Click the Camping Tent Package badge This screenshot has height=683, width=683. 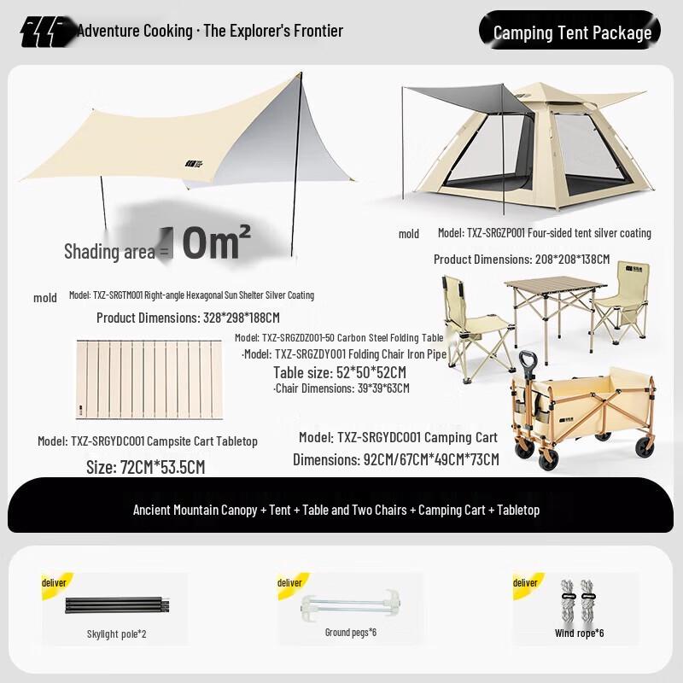(x=572, y=32)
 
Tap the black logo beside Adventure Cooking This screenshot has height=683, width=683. (x=48, y=32)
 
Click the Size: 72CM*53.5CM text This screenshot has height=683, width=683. (x=145, y=467)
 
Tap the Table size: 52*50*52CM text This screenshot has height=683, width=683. (x=339, y=372)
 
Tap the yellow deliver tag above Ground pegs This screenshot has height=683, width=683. (x=289, y=582)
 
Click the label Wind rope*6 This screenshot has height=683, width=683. (x=579, y=633)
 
